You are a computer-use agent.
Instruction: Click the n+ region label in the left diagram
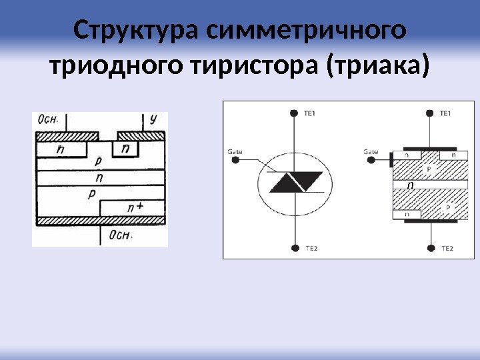tap(135, 208)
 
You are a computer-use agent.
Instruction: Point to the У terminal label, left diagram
tap(153, 119)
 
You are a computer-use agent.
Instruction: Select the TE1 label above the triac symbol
tap(309, 114)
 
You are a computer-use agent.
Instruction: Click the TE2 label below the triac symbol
tap(311, 249)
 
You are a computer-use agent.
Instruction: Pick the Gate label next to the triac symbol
tap(235, 152)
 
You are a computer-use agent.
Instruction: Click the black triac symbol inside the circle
tap(296, 181)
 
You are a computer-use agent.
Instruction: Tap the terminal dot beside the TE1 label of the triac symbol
tap(294, 114)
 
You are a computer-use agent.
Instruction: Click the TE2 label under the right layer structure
tap(447, 249)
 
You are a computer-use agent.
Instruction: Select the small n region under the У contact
tap(125, 147)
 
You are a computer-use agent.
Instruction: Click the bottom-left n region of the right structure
tap(407, 214)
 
